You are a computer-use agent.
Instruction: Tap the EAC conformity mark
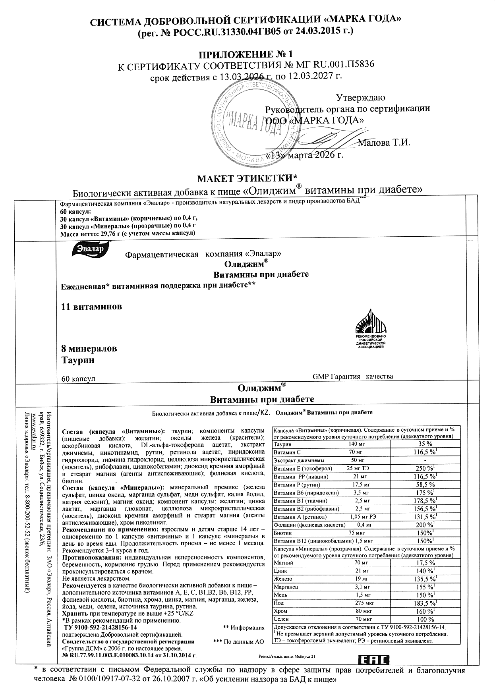click(x=374, y=660)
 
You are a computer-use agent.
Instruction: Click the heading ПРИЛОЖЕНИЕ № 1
click(x=246, y=54)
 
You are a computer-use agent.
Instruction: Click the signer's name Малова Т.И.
click(x=384, y=143)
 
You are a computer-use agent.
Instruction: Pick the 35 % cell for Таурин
click(x=422, y=444)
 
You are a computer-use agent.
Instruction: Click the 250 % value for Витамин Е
click(x=422, y=468)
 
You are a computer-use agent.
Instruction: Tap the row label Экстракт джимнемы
click(x=299, y=460)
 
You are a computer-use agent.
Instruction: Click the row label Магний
click(x=283, y=563)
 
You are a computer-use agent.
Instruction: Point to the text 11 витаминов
click(x=92, y=307)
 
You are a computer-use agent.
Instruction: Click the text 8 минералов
click(x=89, y=349)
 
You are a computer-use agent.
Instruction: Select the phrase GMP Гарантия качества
click(x=353, y=377)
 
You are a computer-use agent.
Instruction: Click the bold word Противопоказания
click(x=92, y=558)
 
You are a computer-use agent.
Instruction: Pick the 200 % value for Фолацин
click(x=422, y=525)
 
